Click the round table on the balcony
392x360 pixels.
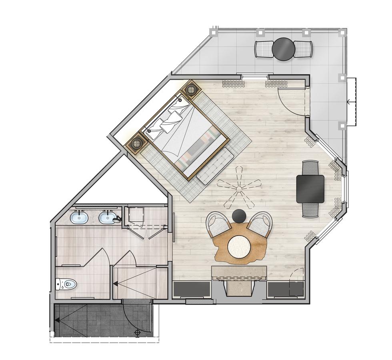click(x=284, y=49)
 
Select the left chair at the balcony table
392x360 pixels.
click(x=264, y=49)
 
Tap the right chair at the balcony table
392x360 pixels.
click(x=303, y=49)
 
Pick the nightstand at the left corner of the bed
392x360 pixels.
click(x=136, y=142)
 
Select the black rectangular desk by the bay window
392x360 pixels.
click(x=310, y=189)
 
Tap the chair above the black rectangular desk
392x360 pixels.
click(x=310, y=168)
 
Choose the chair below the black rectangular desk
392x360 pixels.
click(x=310, y=210)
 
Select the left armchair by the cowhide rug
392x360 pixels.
click(x=218, y=225)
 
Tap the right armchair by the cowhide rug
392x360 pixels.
click(x=260, y=225)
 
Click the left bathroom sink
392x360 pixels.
click(x=79, y=218)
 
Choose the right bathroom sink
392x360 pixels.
click(x=107, y=218)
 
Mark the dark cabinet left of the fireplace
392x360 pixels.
click(x=192, y=289)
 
